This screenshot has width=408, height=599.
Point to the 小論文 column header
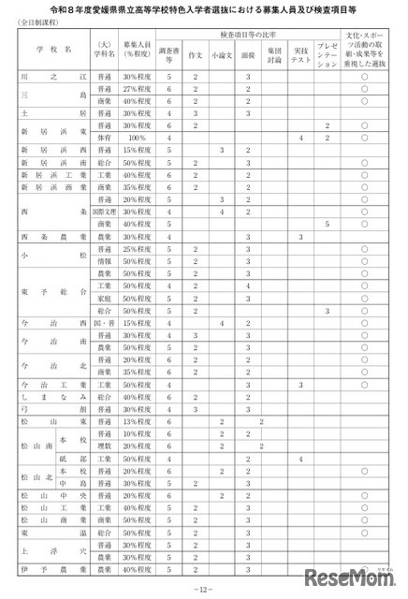tap(222, 54)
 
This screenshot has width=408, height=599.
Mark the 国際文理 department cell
tap(104, 212)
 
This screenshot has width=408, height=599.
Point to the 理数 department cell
tap(104, 447)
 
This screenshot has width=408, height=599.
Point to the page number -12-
tap(204, 588)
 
